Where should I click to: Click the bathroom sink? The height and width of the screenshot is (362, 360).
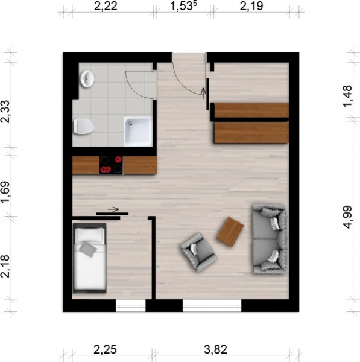pos(87,79)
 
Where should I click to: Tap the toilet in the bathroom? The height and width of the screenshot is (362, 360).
pos(84,126)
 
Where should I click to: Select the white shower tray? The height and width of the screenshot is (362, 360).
pos(138,132)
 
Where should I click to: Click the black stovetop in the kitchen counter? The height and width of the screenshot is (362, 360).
pos(111,165)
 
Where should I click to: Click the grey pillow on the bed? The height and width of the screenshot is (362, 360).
pos(88,249)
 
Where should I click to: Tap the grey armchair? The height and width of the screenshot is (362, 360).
pos(198,252)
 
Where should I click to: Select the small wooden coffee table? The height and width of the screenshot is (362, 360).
pos(230,232)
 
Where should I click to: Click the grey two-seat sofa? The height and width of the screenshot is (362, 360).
pos(270,239)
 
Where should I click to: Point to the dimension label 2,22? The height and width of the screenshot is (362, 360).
pos(106,6)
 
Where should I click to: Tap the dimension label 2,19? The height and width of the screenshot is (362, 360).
pos(251,6)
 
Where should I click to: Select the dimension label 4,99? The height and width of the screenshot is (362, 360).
pos(348,217)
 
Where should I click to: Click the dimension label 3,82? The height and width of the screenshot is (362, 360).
pos(215,349)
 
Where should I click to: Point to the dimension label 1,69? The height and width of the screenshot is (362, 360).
pos(5,192)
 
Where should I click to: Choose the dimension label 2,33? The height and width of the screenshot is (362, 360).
pos(5,112)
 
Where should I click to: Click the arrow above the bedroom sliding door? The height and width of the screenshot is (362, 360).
pos(113,209)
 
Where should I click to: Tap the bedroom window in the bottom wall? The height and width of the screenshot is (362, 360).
pos(131,305)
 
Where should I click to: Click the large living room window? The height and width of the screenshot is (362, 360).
pos(212,305)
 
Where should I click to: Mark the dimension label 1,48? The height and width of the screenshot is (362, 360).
pos(348,97)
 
